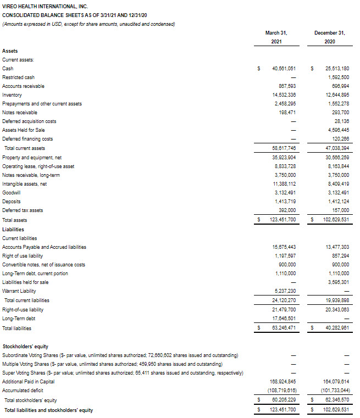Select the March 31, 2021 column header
[276, 37]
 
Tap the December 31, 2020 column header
[330, 37]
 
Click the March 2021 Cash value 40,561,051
[284, 69]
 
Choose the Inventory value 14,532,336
[284, 95]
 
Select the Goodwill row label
[12, 193]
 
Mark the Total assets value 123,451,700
[283, 220]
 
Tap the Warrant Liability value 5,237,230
[284, 291]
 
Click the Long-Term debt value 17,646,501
[284, 318]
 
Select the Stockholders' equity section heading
[25, 347]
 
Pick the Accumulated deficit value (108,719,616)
[284, 391]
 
